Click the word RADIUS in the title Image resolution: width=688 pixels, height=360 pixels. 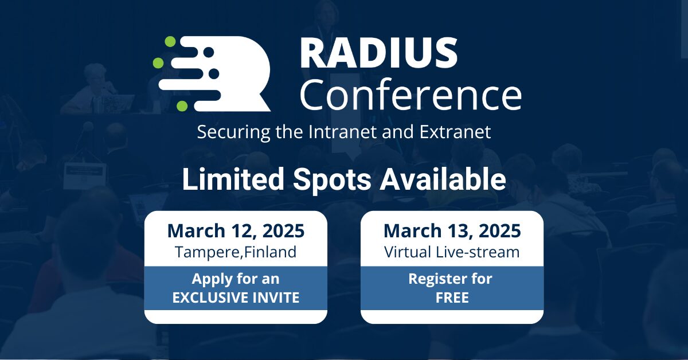(378, 54)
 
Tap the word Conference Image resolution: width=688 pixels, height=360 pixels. (410, 95)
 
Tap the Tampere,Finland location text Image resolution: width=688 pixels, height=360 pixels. (236, 252)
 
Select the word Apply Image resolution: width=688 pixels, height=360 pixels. (211, 279)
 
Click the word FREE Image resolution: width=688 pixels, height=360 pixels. (452, 298)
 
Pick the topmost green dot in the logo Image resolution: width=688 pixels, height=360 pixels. (170, 41)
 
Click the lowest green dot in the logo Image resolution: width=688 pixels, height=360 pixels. (182, 105)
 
